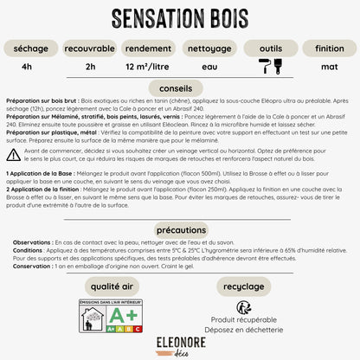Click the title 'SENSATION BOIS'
point(180,18)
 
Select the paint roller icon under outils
point(263,66)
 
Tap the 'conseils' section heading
point(180,87)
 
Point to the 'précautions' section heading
point(180,229)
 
